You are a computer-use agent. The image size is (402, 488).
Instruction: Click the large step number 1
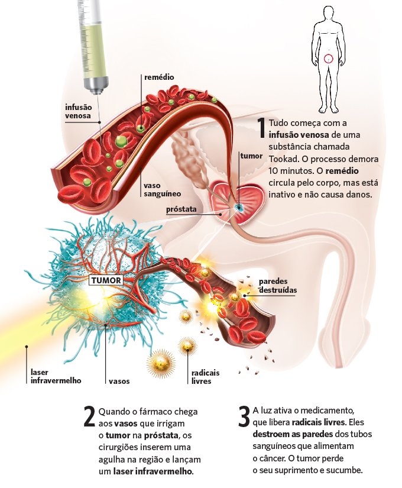pos(261,128)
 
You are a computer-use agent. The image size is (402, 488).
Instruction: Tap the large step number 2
pos(89,417)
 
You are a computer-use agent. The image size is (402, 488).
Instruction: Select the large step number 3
pos(244,416)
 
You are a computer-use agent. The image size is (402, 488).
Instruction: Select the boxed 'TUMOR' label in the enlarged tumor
pos(105,280)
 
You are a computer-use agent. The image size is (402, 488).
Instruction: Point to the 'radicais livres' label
pos(205,377)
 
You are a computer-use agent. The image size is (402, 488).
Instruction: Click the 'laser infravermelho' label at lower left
pos(56,376)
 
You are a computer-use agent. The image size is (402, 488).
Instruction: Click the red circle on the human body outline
pos(329,58)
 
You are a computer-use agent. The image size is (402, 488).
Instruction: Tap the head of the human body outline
pos(329,14)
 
